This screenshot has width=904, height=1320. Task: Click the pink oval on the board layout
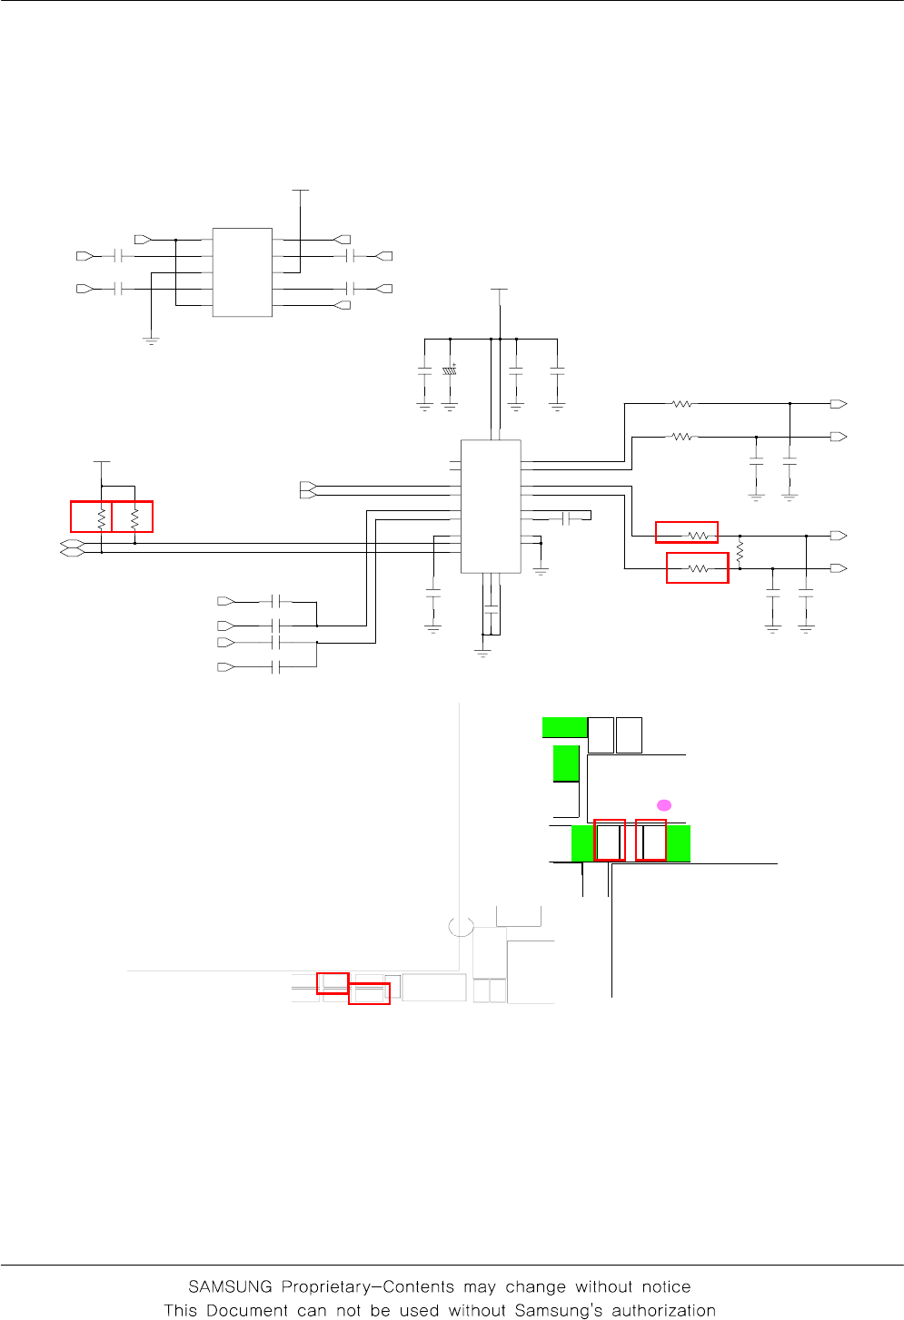(664, 805)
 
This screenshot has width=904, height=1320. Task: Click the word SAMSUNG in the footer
(230, 1286)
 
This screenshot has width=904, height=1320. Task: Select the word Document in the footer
(247, 1310)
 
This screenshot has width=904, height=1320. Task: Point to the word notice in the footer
(666, 1286)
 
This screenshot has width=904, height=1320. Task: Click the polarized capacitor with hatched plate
(449, 371)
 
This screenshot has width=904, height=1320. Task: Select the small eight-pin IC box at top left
(242, 272)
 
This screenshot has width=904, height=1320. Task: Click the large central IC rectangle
(491, 507)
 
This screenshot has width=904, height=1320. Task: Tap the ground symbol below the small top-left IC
(151, 340)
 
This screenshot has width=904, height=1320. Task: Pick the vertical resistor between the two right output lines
(740, 552)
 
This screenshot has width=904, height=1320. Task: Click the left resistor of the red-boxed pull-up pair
(102, 518)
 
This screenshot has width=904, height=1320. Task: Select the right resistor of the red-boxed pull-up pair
(134, 518)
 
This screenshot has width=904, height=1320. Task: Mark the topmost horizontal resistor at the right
(681, 404)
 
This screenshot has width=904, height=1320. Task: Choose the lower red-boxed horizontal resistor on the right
(698, 568)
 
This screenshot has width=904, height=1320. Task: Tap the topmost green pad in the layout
(564, 727)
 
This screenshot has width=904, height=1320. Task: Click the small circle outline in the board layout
(462, 926)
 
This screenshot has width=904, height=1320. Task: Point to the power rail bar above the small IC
(300, 191)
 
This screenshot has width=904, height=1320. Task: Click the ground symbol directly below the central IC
(482, 652)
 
